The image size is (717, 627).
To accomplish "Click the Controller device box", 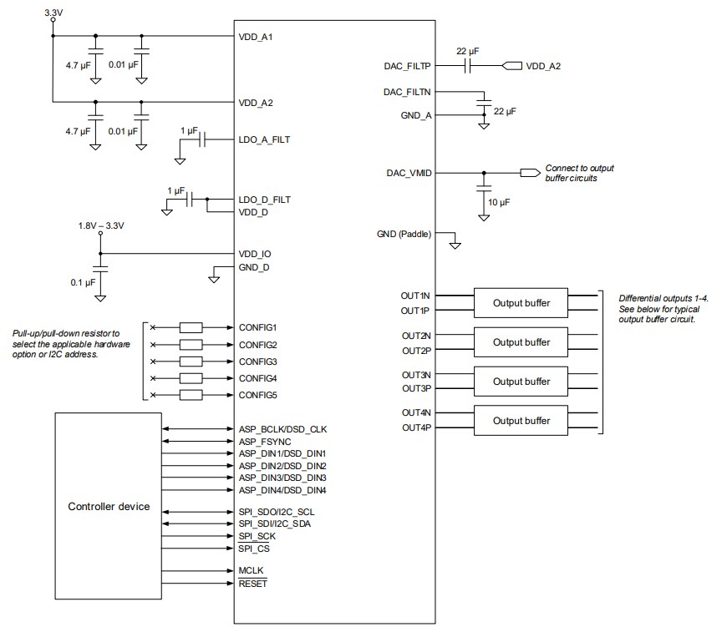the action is (x=109, y=506).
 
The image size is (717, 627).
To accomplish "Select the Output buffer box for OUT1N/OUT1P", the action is (x=521, y=302).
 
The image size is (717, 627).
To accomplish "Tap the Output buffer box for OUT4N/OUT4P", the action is (x=521, y=420).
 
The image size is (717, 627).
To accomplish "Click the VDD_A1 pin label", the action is (x=256, y=38).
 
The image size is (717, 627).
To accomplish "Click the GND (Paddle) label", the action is (x=404, y=235).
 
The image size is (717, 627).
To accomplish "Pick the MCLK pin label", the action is (x=252, y=570).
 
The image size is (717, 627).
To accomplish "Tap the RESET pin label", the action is (x=253, y=584).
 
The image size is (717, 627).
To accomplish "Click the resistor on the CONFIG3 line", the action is (x=191, y=362).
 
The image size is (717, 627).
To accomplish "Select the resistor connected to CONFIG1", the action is (x=191, y=327).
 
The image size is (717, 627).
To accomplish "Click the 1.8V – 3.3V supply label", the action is (x=102, y=225).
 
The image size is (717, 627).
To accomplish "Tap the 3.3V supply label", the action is (x=53, y=13).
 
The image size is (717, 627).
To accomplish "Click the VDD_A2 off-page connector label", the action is (x=543, y=66).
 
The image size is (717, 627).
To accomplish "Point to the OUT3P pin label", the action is (x=415, y=388).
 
